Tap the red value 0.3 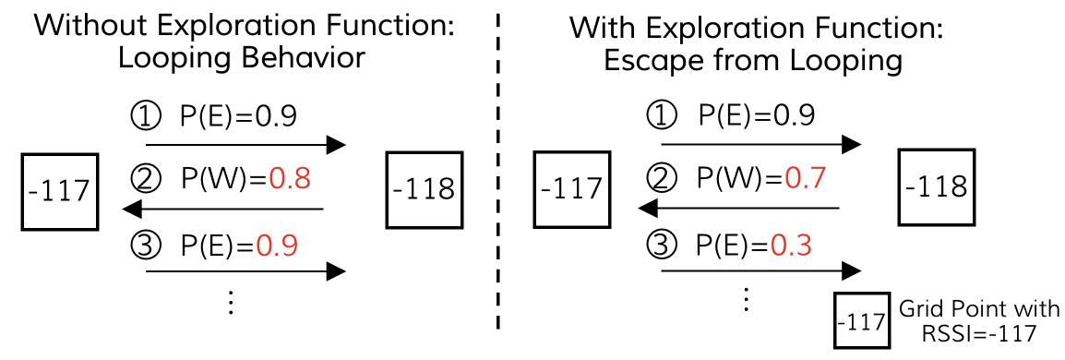[x=792, y=246]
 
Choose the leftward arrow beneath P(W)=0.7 [x=738, y=208]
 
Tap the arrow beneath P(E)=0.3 [x=761, y=271]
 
